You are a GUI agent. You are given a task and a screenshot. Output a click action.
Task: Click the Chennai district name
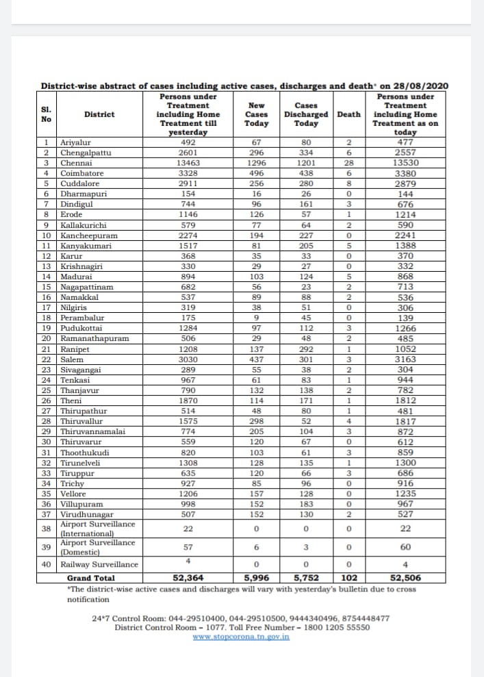click(x=75, y=163)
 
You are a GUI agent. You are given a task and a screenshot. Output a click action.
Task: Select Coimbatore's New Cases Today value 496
click(x=256, y=173)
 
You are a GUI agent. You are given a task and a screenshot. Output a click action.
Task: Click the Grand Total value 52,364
click(x=188, y=577)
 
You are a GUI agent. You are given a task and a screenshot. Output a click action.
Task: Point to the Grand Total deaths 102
click(x=348, y=577)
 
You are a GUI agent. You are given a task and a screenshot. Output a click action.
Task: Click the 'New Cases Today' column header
click(x=256, y=114)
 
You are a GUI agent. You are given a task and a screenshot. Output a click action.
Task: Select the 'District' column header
click(x=99, y=114)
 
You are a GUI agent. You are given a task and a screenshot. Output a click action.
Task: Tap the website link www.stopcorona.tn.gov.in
click(x=241, y=637)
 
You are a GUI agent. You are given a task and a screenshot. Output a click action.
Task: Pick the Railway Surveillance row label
click(x=99, y=565)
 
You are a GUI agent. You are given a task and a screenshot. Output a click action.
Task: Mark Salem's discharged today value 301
click(x=305, y=359)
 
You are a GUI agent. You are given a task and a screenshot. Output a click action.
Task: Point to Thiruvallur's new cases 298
click(x=256, y=421)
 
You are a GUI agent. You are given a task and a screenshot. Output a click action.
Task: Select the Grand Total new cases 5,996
click(x=256, y=577)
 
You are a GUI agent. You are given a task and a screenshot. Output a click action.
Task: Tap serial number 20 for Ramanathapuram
click(x=47, y=338)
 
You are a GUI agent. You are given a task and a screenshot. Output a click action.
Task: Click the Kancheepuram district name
click(x=89, y=235)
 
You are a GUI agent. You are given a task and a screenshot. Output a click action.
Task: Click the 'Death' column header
click(x=348, y=114)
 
